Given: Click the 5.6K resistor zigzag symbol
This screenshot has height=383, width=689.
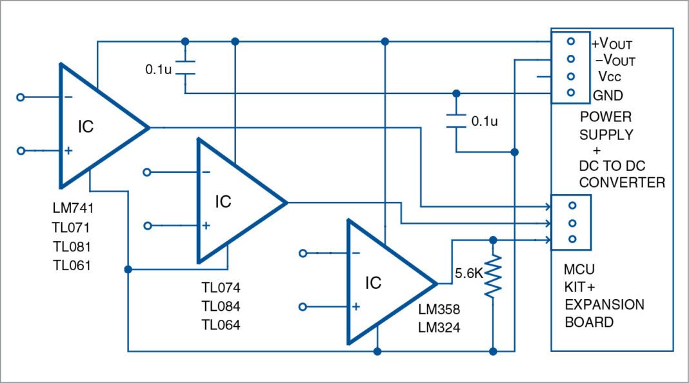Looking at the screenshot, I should (493, 276).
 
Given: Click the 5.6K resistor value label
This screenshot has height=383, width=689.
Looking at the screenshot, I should (468, 273).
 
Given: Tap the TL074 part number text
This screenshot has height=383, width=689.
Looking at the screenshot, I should (221, 288).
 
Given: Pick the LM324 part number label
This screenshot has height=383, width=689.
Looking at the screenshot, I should (439, 328).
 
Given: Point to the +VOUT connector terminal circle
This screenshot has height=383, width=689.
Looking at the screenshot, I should (570, 41).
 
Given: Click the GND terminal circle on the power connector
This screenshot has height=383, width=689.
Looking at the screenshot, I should (570, 93).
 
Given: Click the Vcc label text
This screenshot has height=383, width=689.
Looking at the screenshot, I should (610, 77).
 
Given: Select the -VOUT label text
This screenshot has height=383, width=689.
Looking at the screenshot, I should (615, 61).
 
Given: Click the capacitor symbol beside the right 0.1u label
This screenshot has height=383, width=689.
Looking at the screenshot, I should (456, 121).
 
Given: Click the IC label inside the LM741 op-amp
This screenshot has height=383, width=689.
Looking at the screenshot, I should (86, 127).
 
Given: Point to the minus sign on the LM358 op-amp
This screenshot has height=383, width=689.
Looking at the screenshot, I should (355, 253).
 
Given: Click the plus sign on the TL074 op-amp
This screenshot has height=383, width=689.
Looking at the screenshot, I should (206, 226).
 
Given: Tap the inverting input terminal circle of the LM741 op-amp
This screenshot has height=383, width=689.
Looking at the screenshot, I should (21, 97).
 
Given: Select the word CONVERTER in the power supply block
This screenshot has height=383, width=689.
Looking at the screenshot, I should (621, 182).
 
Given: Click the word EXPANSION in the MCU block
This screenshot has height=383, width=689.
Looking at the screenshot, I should (604, 305).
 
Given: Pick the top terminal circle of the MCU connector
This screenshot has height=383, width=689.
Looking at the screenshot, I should (570, 206).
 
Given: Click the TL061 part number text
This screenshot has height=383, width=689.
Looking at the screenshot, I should (72, 265).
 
